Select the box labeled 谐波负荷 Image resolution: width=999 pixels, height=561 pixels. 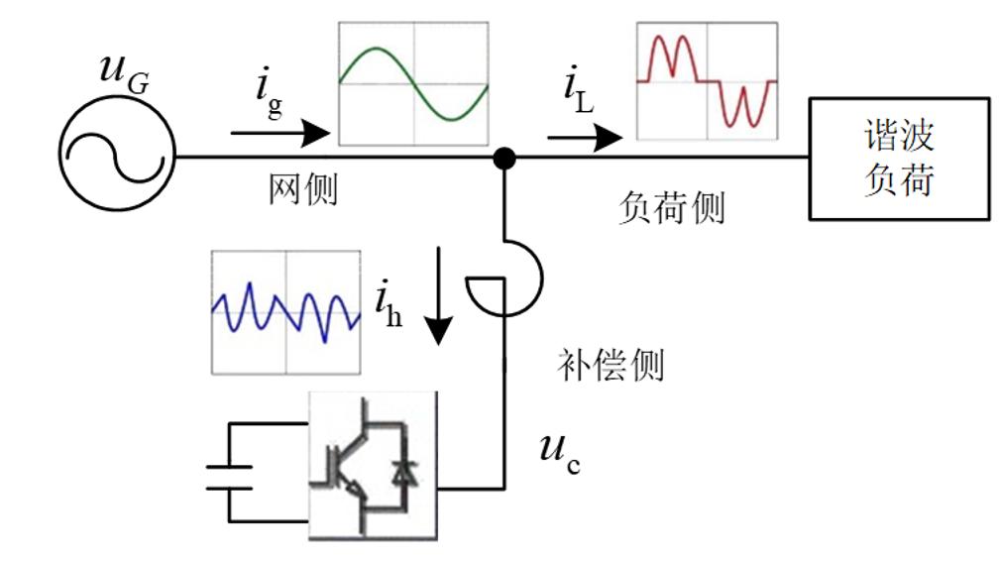pyautogui.click(x=899, y=158)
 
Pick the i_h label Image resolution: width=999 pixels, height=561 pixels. pyautogui.click(x=388, y=303)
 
